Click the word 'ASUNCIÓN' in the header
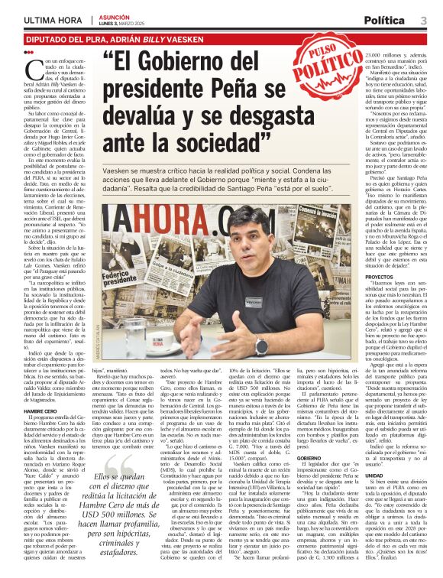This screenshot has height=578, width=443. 105,16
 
